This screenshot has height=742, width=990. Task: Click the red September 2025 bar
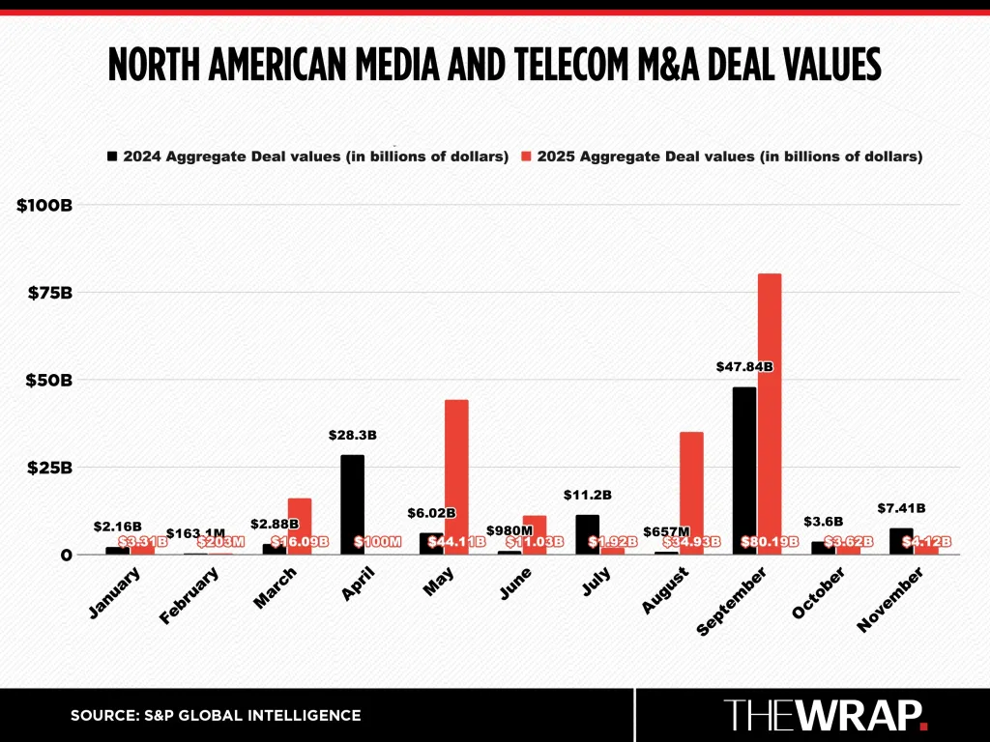tap(770, 406)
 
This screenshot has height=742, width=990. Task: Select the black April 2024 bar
tap(352, 502)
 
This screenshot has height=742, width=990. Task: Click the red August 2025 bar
tap(691, 483)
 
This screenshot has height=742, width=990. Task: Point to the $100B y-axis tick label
tap(44, 205)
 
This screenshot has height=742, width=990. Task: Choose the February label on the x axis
tap(189, 596)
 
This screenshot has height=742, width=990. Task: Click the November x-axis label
tap(890, 599)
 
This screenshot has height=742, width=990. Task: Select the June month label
tap(516, 585)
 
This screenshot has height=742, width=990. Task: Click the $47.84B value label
tap(744, 367)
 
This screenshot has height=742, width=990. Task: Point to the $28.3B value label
tap(352, 436)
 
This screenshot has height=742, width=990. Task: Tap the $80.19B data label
tap(770, 541)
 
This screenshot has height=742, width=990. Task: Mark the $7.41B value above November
tap(901, 508)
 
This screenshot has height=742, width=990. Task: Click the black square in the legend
tap(112, 156)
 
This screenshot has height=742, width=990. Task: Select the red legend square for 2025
tap(527, 156)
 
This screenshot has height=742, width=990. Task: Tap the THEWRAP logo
tap(826, 715)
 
